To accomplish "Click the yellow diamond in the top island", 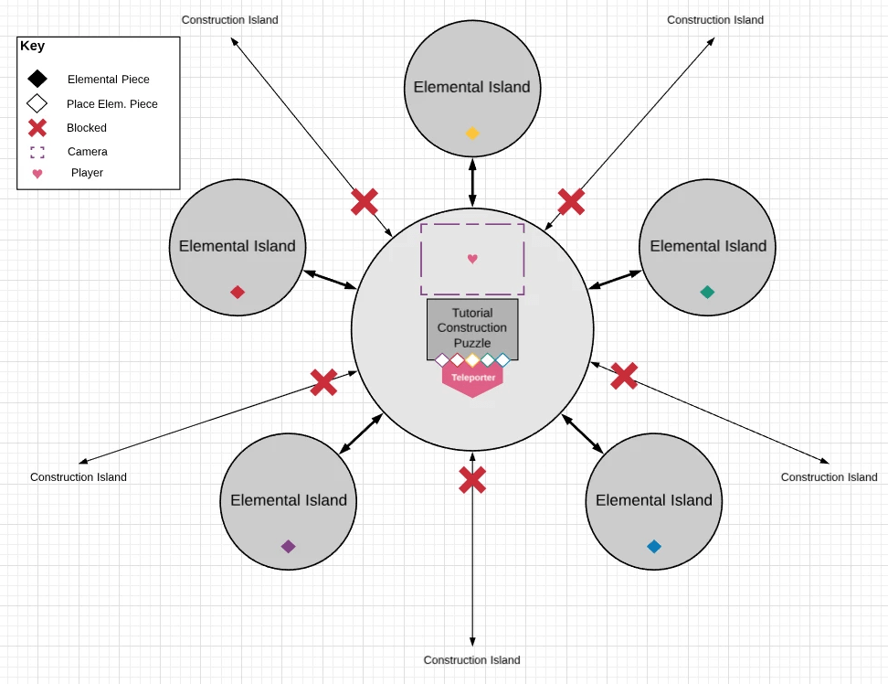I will [x=472, y=134].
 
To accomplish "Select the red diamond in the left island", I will [x=238, y=293].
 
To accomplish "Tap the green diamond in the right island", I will [x=707, y=293].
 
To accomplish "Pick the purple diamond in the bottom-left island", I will [x=289, y=547].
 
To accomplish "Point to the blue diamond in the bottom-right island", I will [x=654, y=547].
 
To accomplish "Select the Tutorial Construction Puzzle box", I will [x=472, y=328].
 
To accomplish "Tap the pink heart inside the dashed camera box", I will [x=472, y=259].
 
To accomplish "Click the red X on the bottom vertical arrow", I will [x=472, y=480].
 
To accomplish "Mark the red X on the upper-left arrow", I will [x=365, y=202].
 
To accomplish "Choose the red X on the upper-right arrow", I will [x=571, y=202].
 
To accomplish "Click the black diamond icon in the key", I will [x=37, y=80].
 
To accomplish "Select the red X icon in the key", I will [x=37, y=128].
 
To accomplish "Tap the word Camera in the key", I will [x=88, y=152].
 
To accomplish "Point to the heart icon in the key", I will [x=37, y=174].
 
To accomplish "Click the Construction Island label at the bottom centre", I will [x=472, y=660].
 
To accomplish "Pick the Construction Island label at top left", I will [x=230, y=20].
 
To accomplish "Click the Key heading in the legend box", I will [x=33, y=47].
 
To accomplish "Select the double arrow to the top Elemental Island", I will [x=472, y=182].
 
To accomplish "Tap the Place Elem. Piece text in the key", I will [x=112, y=104].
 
